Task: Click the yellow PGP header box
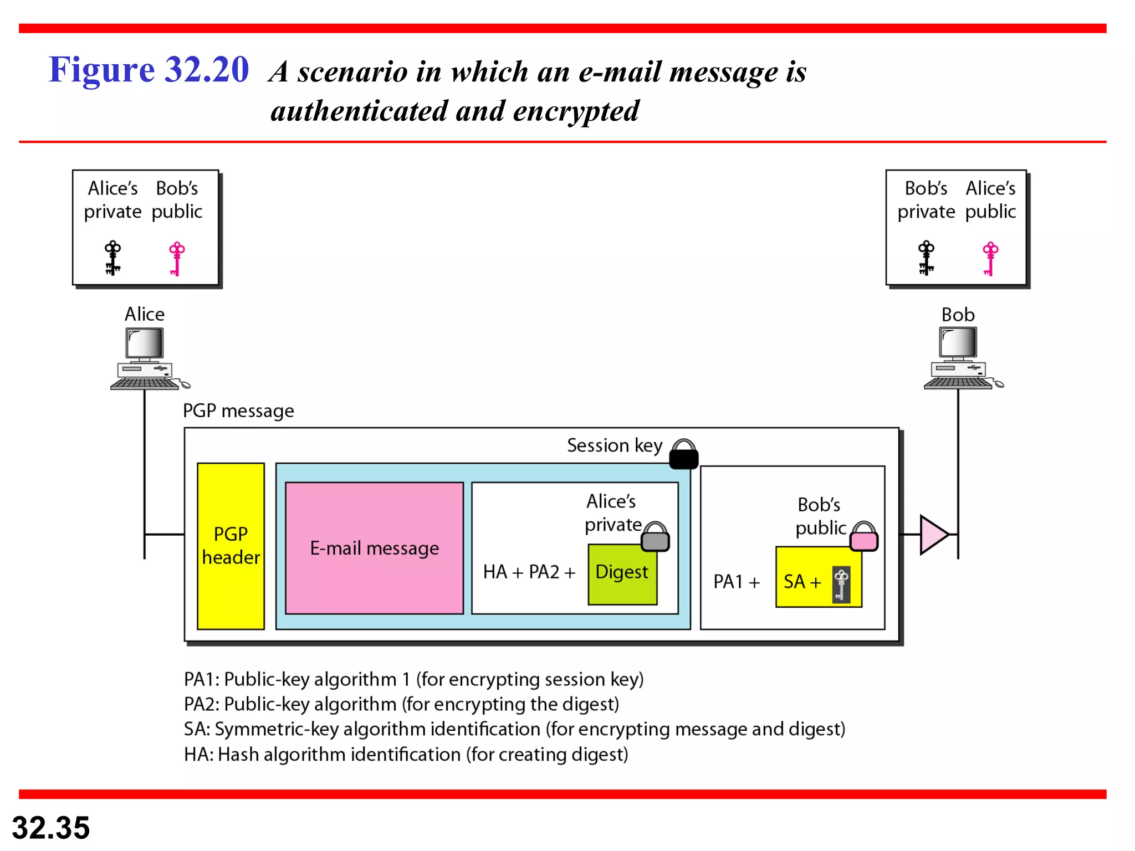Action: click(231, 546)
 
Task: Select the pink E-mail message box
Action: click(374, 548)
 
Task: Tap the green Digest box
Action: click(622, 574)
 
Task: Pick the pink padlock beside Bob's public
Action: click(864, 537)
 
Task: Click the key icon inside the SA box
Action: click(841, 584)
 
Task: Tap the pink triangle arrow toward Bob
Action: click(933, 534)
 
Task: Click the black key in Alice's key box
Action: click(113, 258)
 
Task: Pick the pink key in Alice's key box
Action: click(177, 258)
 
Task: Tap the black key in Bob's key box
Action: click(926, 258)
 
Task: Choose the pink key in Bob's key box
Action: click(990, 258)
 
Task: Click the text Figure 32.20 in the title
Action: click(149, 70)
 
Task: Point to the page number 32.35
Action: click(51, 828)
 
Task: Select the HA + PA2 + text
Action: click(529, 572)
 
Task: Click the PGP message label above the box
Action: click(238, 411)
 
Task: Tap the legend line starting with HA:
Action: click(406, 755)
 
